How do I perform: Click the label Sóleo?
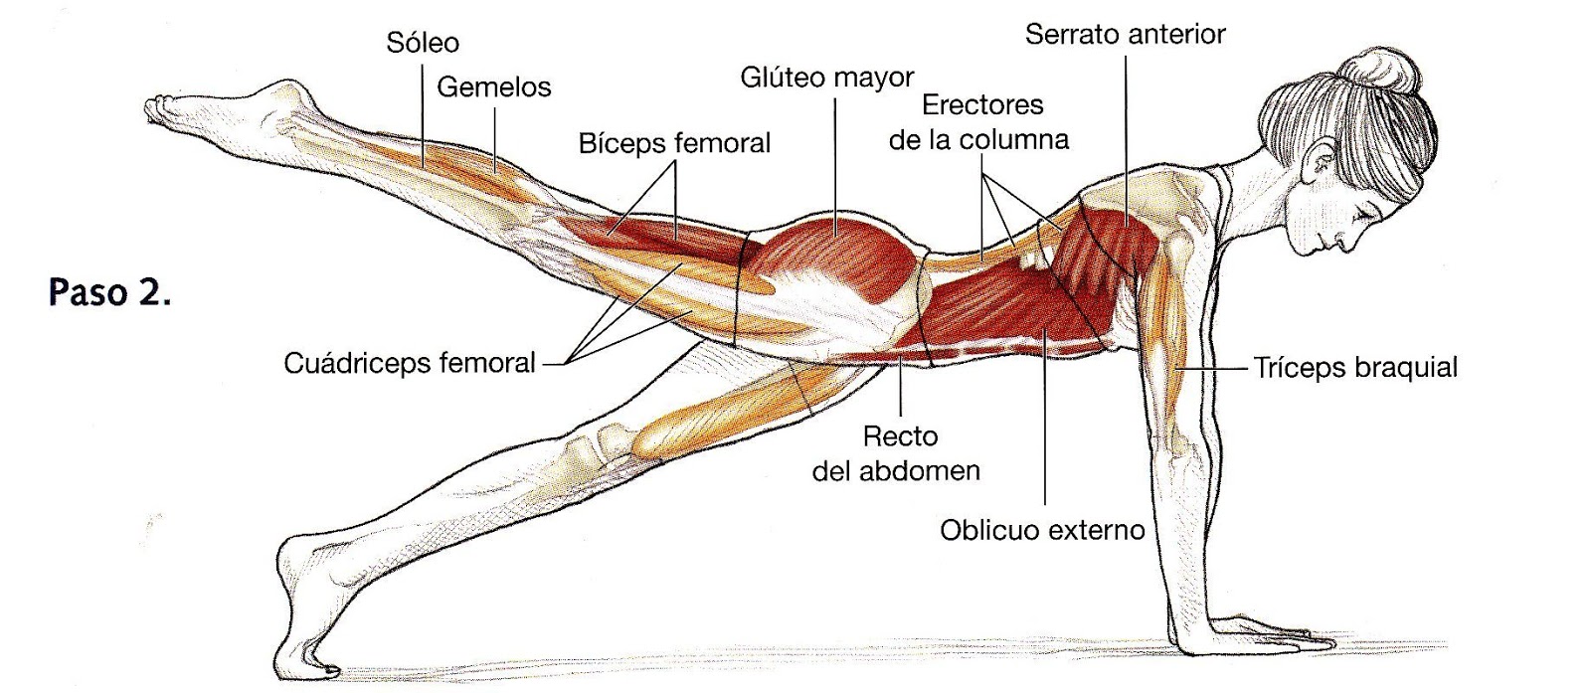click(x=423, y=43)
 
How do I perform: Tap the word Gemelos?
click(x=493, y=87)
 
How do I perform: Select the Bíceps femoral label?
click(x=674, y=143)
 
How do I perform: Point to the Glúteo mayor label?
click(x=826, y=78)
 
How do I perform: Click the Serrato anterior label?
click(x=1125, y=35)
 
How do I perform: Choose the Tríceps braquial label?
click(x=1354, y=368)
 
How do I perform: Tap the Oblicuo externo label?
click(x=1042, y=530)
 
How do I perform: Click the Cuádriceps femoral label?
click(x=410, y=363)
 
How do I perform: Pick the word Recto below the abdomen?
click(x=900, y=436)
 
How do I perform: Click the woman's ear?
click(x=1326, y=163)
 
